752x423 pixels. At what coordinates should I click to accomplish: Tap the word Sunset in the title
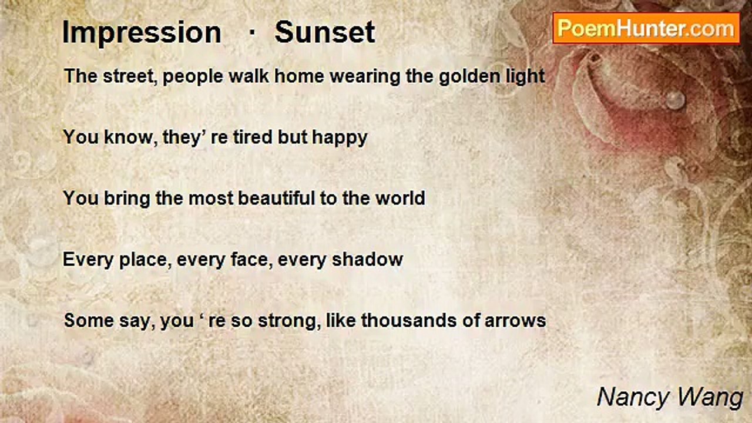point(325,32)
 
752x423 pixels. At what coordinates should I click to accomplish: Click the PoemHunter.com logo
point(646,29)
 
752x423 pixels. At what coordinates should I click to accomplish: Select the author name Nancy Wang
point(670,398)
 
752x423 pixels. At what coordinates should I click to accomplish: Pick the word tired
point(253,137)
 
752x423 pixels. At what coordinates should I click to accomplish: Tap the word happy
point(340,137)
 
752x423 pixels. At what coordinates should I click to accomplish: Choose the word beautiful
point(276,198)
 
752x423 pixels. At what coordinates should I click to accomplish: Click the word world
point(400,198)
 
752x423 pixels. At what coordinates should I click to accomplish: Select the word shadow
point(367,260)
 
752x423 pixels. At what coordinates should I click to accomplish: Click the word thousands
point(408,320)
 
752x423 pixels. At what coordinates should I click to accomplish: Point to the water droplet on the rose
point(675,99)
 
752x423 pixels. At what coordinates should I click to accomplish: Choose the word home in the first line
point(299,76)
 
